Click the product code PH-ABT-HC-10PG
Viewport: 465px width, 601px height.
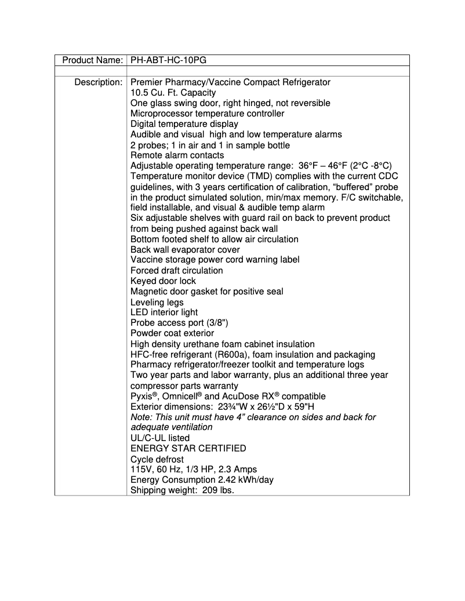(168, 60)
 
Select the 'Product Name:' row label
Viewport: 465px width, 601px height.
(92, 60)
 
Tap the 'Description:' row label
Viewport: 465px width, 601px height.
(98, 82)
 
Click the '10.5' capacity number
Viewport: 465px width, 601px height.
(140, 93)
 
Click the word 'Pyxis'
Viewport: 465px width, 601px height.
(142, 396)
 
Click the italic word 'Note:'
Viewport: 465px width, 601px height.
(142, 417)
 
